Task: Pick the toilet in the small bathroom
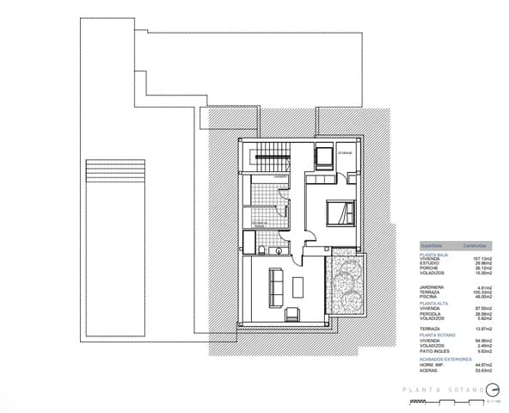coord(260,250)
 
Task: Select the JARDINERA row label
coord(432,287)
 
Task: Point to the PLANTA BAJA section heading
coord(433,253)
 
